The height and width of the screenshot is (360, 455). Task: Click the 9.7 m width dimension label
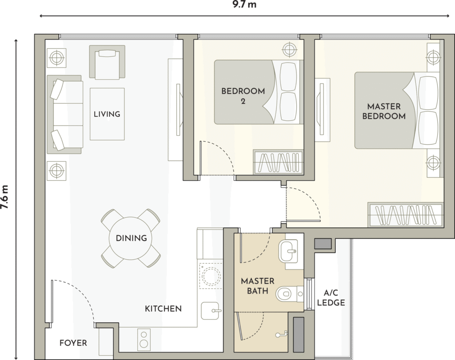coord(244,4)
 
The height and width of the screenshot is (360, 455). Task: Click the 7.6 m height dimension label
coord(5,197)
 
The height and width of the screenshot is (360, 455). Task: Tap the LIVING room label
coord(107,114)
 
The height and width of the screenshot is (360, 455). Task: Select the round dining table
coord(131,238)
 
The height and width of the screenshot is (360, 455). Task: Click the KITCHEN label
coord(164,309)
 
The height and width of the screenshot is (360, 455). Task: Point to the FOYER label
coord(73,343)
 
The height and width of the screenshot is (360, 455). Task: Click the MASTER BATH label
coord(257,286)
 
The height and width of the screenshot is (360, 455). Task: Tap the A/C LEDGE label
coord(331,298)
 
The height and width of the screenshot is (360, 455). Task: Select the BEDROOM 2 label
coord(243,96)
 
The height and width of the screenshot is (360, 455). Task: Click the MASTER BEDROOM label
coord(384,111)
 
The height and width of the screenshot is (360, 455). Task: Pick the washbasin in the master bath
coord(288,251)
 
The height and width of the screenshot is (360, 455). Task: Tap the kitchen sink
coord(210,311)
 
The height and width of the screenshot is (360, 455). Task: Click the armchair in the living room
coord(107,62)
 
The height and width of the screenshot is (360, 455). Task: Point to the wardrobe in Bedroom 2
coord(278,162)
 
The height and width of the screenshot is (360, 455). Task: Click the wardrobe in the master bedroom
coord(406,215)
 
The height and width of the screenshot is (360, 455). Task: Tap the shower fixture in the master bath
coord(281,334)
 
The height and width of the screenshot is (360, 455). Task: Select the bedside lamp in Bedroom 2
coord(289,50)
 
